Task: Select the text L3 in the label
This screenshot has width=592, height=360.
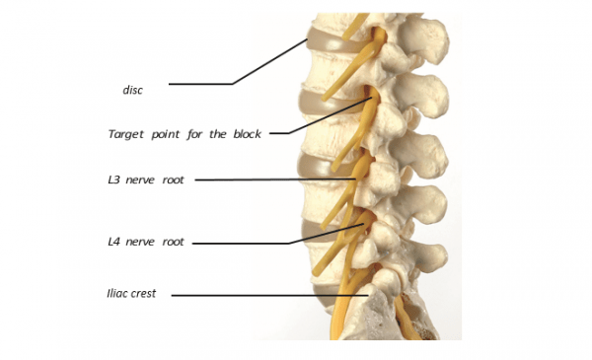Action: [114, 180]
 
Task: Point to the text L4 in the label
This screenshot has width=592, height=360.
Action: [114, 241]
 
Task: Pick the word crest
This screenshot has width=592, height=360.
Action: [149, 293]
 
